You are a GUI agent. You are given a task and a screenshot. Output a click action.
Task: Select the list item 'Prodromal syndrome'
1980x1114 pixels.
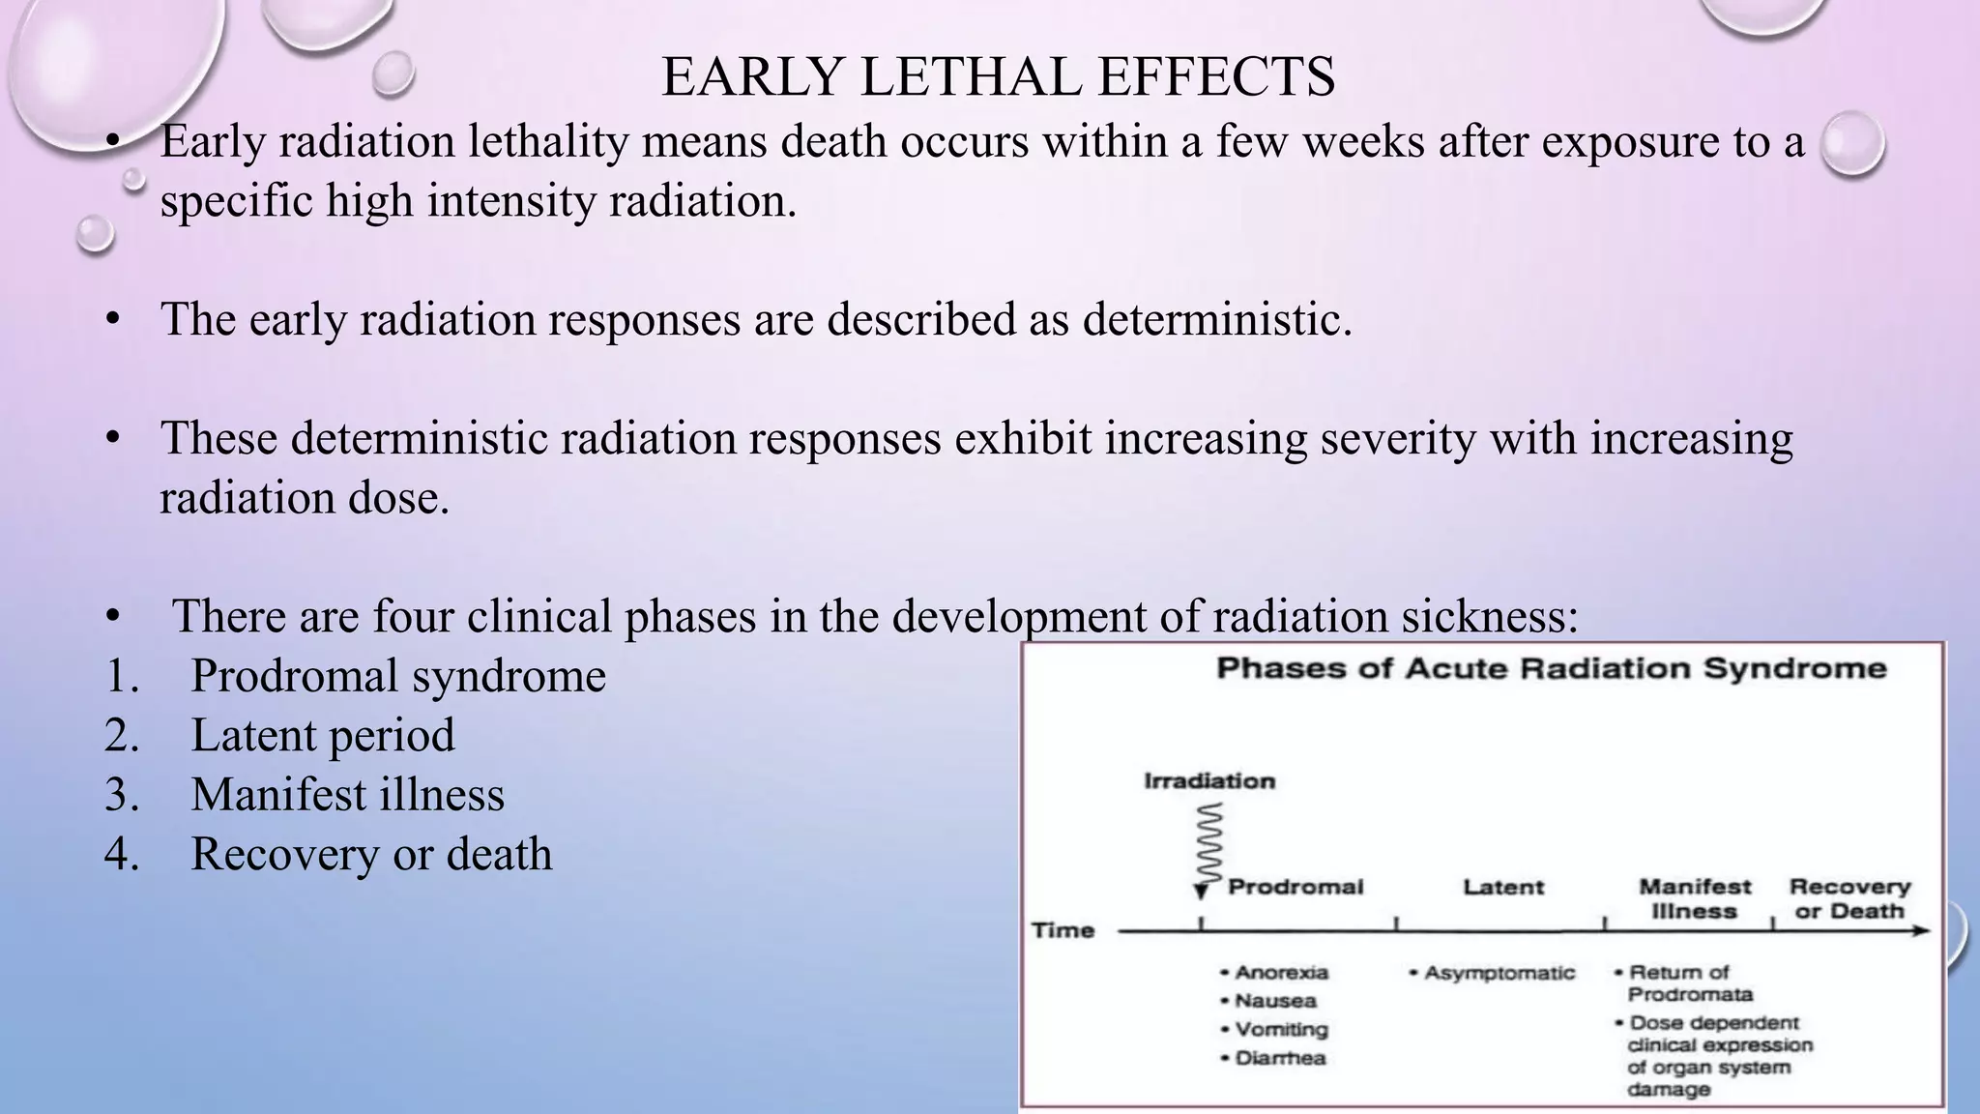point(397,675)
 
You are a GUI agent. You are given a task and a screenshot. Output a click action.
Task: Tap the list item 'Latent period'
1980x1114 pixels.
point(322,735)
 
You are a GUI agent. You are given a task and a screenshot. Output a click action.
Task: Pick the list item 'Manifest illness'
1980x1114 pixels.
point(347,795)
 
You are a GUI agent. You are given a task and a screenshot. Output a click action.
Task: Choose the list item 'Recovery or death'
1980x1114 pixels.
point(371,854)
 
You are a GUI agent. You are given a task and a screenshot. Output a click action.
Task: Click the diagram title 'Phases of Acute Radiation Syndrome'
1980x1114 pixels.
point(1551,668)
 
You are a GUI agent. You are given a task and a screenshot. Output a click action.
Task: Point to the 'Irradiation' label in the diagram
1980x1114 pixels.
point(1209,781)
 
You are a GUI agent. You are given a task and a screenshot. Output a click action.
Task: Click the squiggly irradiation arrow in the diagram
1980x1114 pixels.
point(1209,841)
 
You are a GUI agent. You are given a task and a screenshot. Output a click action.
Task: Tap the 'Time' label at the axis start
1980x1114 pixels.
point(1063,930)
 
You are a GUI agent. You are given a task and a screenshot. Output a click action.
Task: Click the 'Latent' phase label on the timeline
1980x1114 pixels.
point(1502,887)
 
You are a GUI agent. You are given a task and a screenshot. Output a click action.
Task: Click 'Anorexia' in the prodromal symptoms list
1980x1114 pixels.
point(1281,973)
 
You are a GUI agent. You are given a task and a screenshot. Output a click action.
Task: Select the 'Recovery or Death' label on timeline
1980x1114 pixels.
point(1849,898)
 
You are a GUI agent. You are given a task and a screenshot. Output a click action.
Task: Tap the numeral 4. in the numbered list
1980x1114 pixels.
point(122,854)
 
